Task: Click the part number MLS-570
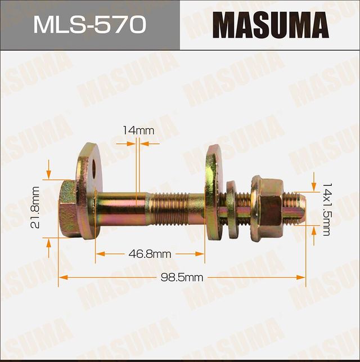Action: coord(89,25)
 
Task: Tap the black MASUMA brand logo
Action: coord(270,25)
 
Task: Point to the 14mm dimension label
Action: coord(138,131)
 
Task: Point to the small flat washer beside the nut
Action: coord(232,208)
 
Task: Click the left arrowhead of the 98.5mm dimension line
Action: coord(62,278)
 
